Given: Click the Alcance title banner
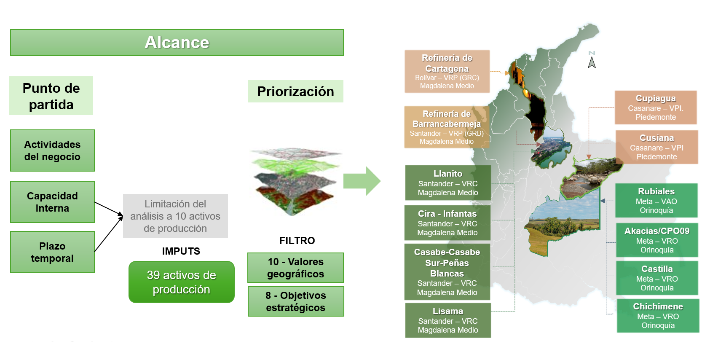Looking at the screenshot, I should [177, 43].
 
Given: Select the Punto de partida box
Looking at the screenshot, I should [51, 96].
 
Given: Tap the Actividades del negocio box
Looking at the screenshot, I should [52, 150].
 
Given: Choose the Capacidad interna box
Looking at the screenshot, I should [52, 202].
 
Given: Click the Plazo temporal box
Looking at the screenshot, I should [52, 252].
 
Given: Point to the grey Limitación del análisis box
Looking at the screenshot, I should [175, 216].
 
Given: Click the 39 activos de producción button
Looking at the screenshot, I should [181, 282].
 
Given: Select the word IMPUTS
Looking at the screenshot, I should [181, 251].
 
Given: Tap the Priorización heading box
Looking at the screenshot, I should [295, 91].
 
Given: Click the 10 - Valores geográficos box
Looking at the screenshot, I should [295, 268].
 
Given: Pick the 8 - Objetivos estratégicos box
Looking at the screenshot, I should [295, 301].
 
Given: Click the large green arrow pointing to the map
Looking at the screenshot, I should [362, 181].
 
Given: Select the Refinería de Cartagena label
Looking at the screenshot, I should [447, 71].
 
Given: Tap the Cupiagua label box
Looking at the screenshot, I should [656, 107].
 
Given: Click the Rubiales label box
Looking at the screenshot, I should [656, 200].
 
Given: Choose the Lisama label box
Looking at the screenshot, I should [448, 320].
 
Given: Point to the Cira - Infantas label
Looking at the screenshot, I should [447, 223].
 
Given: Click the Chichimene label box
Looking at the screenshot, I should [658, 315].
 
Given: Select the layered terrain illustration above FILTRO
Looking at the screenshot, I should [295, 181].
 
